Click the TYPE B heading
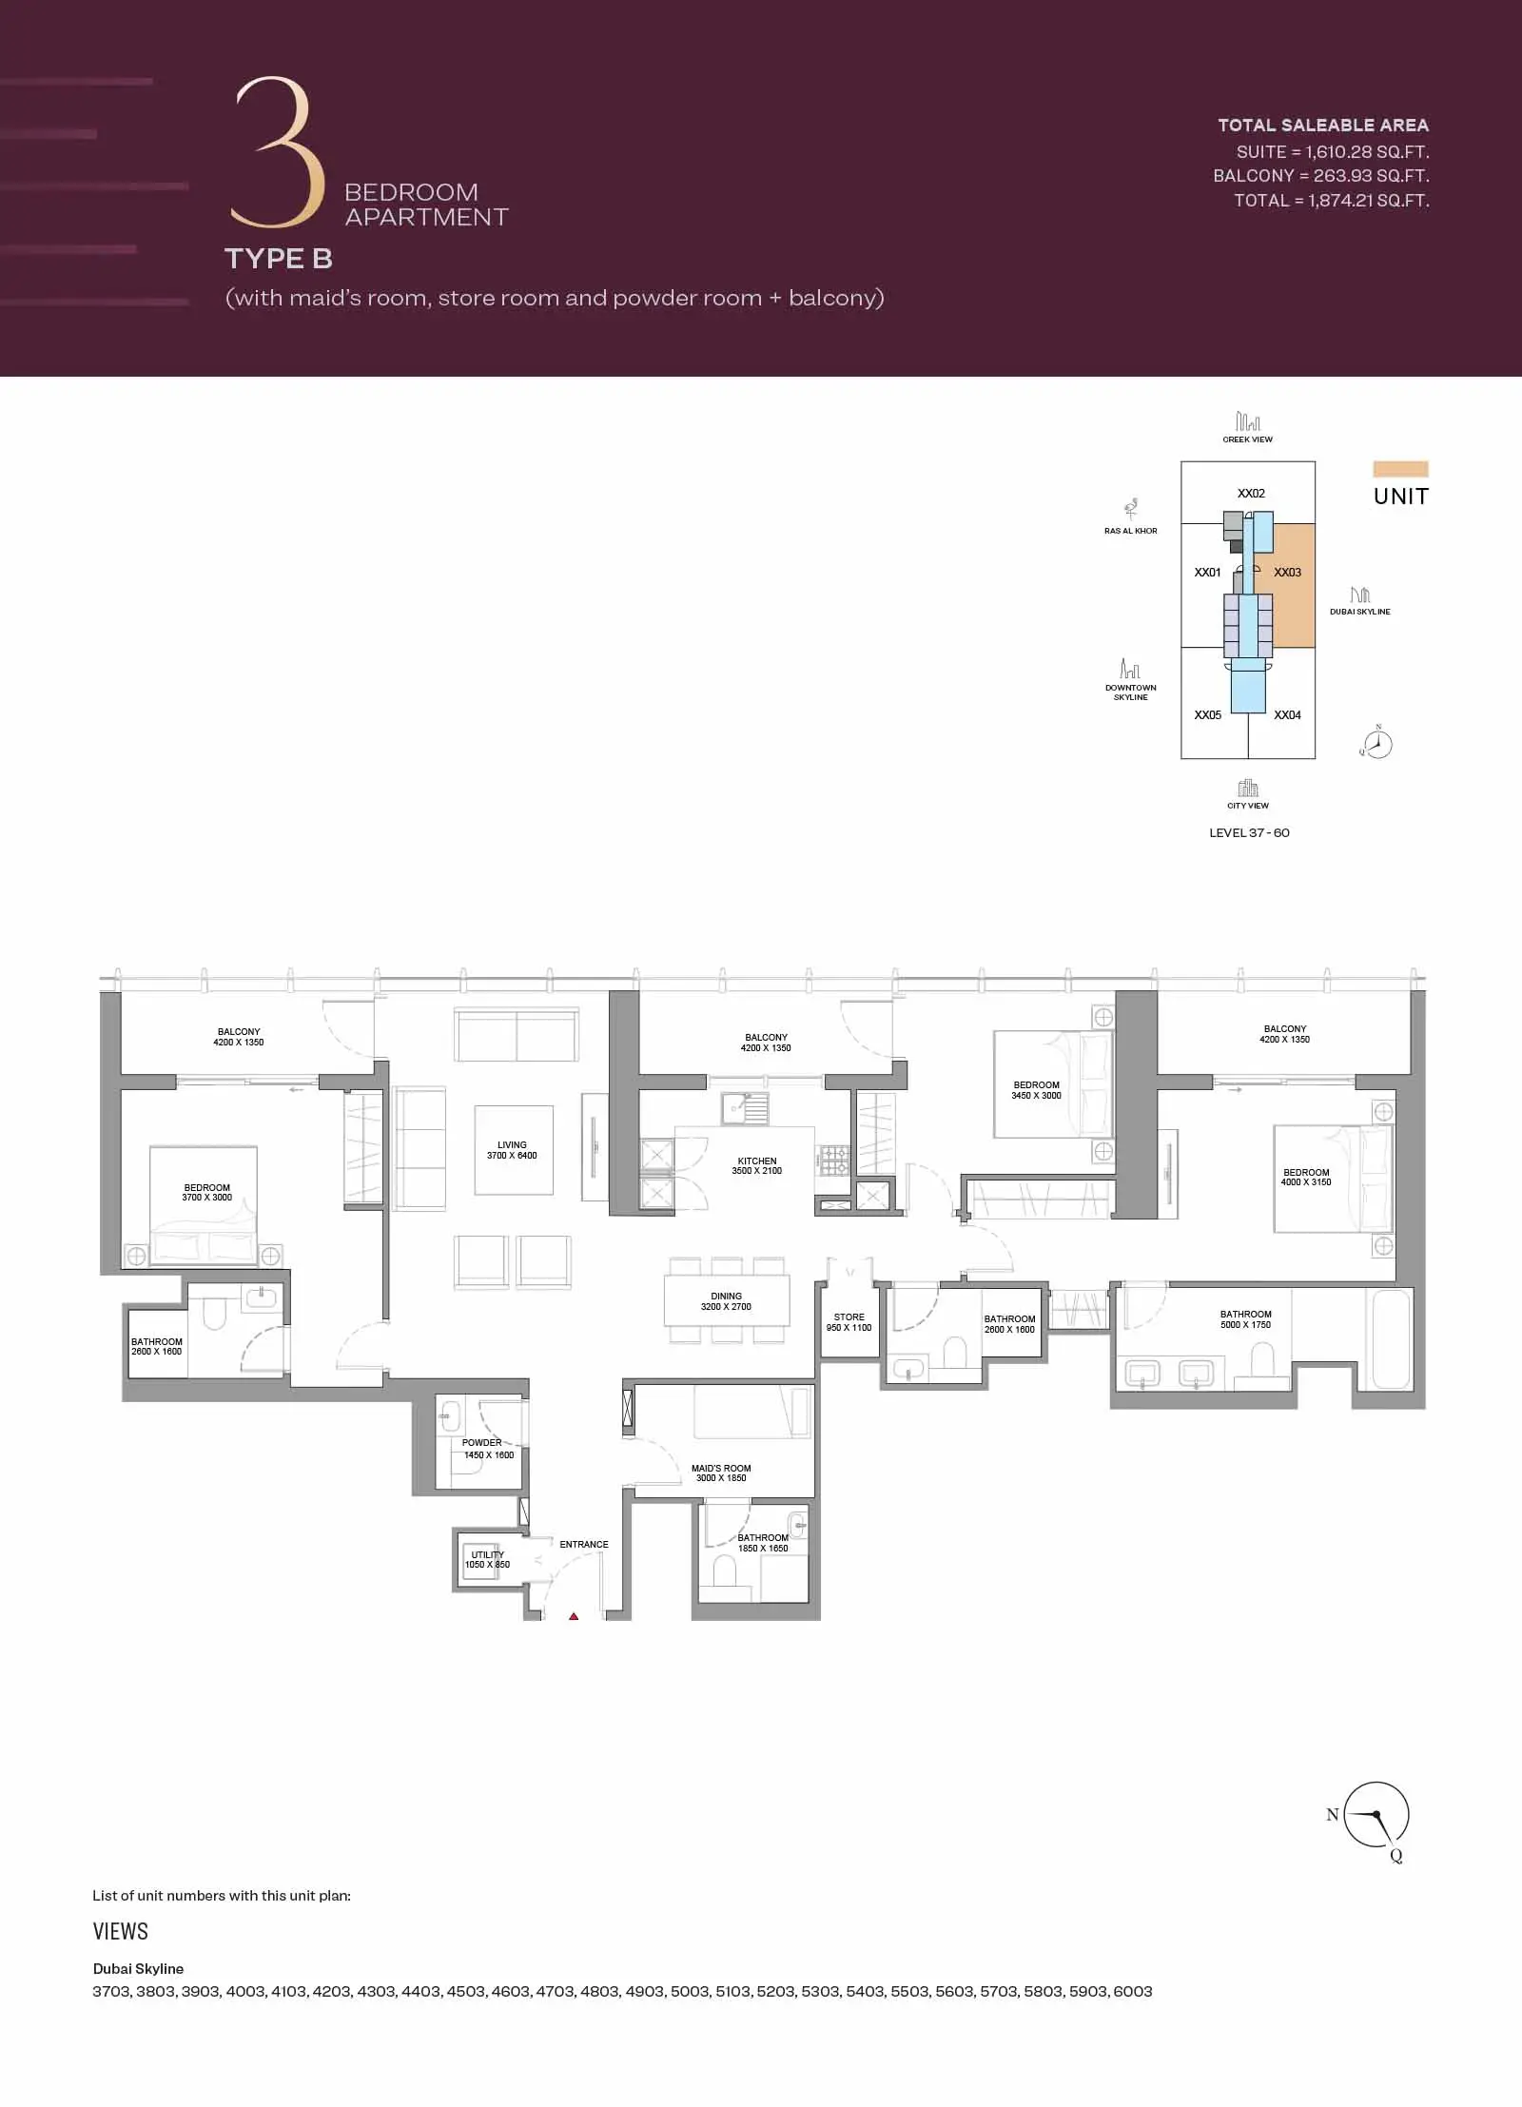[x=279, y=259]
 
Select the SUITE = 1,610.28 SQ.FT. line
[x=1332, y=152]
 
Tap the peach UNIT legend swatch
[x=1400, y=469]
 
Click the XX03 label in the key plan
[x=1287, y=573]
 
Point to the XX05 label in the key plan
[x=1207, y=715]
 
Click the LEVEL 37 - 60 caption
[x=1249, y=833]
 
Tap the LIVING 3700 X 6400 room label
[x=512, y=1150]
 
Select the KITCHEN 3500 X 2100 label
[x=757, y=1166]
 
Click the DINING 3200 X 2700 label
[x=726, y=1301]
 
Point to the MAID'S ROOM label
[x=721, y=1469]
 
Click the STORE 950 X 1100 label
[x=849, y=1322]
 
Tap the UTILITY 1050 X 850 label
[x=487, y=1559]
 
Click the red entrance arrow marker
[x=574, y=1616]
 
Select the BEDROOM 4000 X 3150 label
[x=1306, y=1178]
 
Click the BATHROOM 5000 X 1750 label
[x=1246, y=1319]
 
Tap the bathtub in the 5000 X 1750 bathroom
[x=1390, y=1339]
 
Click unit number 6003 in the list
[x=1132, y=1992]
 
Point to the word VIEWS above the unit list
[x=121, y=1932]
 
